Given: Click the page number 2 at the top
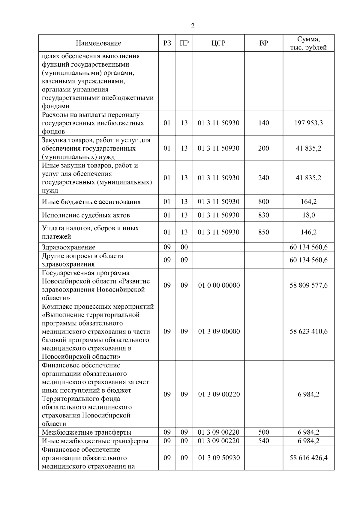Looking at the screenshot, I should pyautogui.click(x=193, y=26).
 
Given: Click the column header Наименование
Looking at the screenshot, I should pyautogui.click(x=98, y=43).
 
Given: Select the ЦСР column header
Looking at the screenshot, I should pyautogui.click(x=218, y=43).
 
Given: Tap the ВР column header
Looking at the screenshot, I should pyautogui.click(x=263, y=43).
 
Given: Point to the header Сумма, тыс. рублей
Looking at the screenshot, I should pyautogui.click(x=308, y=43).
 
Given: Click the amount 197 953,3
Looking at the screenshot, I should pyautogui.click(x=308, y=123).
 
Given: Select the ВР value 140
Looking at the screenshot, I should pyautogui.click(x=263, y=123).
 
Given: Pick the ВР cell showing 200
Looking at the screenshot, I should pyautogui.click(x=263, y=148).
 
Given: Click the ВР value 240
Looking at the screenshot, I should pyautogui.click(x=263, y=178).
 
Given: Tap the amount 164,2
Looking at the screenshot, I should pyautogui.click(x=308, y=202).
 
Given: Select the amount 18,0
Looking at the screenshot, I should pyautogui.click(x=308, y=215).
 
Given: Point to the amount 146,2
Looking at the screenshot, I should pyautogui.click(x=308, y=232).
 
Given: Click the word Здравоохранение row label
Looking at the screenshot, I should pyautogui.click(x=69, y=247).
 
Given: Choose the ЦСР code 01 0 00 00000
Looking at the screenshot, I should pyautogui.click(x=219, y=285).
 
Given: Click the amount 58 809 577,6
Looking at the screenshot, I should pyautogui.click(x=308, y=285).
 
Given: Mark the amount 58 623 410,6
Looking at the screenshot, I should pyautogui.click(x=308, y=331).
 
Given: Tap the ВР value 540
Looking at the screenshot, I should pyautogui.click(x=263, y=441).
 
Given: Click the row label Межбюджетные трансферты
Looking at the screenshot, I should pyautogui.click(x=86, y=433).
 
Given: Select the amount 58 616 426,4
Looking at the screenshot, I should pyautogui.click(x=308, y=458).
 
